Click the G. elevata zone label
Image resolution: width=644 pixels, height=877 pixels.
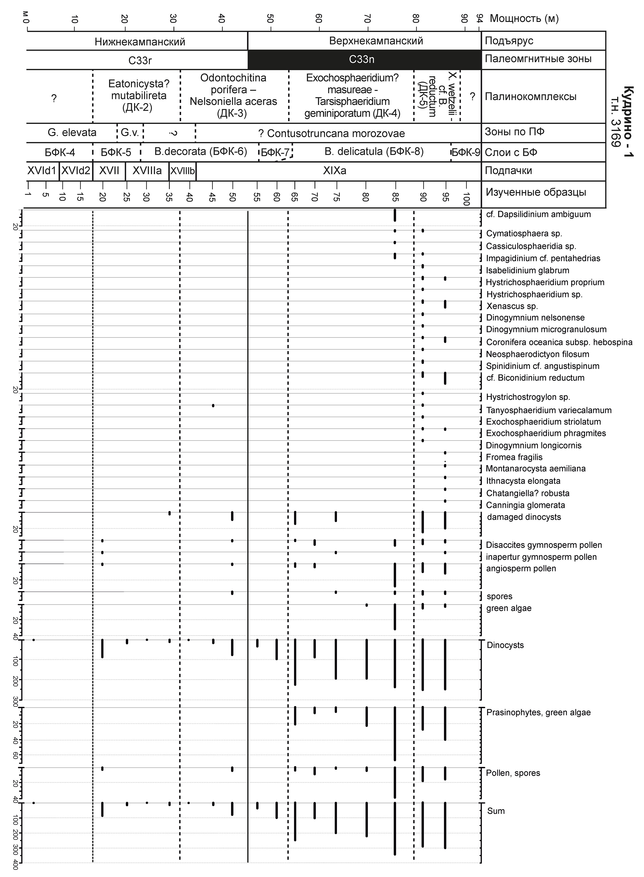pyautogui.click(x=72, y=133)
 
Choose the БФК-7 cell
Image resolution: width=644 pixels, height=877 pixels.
pyautogui.click(x=275, y=152)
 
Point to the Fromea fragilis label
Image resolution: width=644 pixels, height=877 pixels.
pyautogui.click(x=514, y=457)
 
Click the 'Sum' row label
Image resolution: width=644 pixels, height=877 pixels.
pyautogui.click(x=496, y=811)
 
